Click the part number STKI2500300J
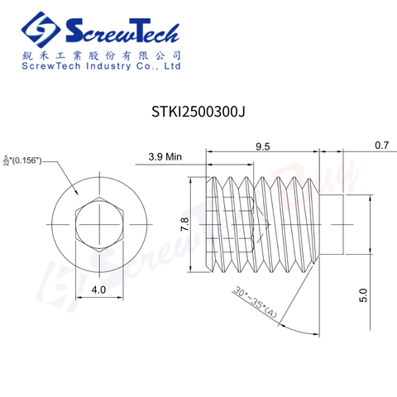[x=198, y=109]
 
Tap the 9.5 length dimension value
[x=262, y=146]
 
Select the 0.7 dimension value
[x=381, y=146]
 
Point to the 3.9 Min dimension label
[x=165, y=155]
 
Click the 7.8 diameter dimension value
[x=185, y=222]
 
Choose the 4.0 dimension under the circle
[x=98, y=290]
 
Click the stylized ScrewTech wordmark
[x=121, y=30]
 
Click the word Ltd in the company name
[x=171, y=66]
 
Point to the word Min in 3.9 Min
[x=173, y=155]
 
